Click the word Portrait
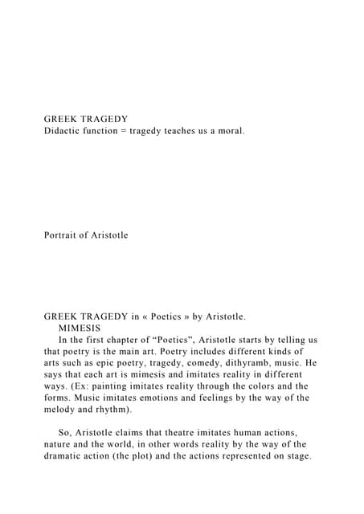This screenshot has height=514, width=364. (63, 235)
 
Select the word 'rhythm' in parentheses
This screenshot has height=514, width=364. (113, 409)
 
